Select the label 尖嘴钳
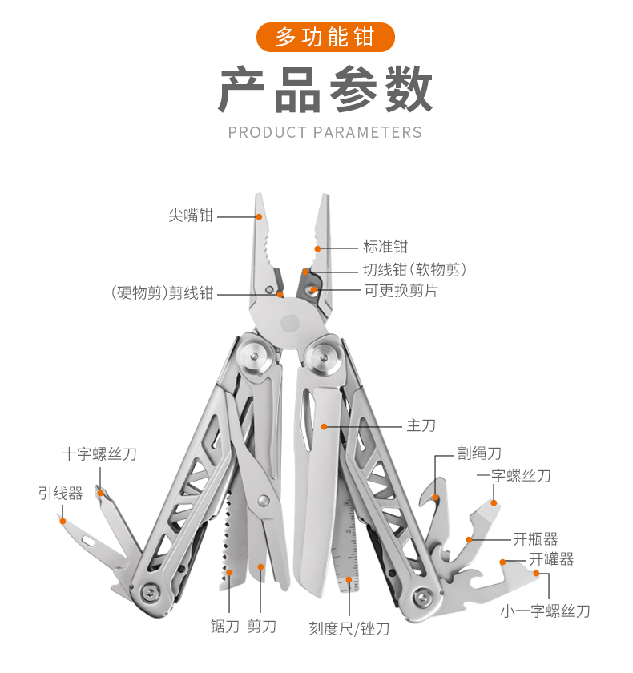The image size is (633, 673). click(191, 216)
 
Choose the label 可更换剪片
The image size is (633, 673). click(401, 291)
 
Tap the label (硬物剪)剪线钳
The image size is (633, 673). click(163, 293)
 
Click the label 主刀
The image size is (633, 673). click(421, 425)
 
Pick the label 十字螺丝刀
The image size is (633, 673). click(99, 454)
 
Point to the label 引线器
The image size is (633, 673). click(60, 494)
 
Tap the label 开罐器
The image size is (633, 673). click(551, 559)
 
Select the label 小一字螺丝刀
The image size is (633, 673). click(545, 611)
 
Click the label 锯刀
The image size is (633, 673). click(224, 627)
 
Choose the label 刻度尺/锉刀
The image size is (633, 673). click(349, 628)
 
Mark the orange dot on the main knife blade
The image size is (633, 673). click(323, 426)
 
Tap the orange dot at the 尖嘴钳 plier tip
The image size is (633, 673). click(260, 216)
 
